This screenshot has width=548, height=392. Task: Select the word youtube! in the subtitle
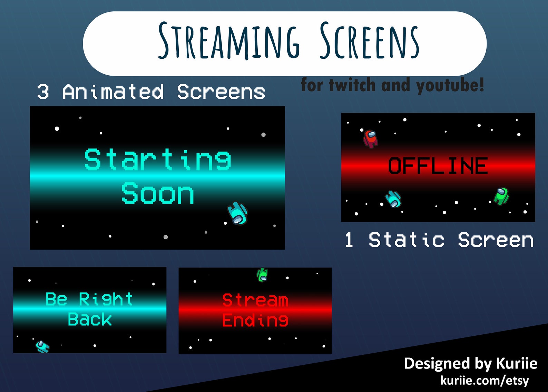(x=450, y=85)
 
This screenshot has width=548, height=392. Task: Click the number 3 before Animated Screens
(x=43, y=92)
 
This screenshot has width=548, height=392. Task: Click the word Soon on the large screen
(x=157, y=193)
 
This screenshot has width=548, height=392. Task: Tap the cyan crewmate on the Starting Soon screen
(x=237, y=213)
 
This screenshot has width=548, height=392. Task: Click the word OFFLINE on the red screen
(x=438, y=166)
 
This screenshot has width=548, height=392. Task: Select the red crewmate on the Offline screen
(x=370, y=139)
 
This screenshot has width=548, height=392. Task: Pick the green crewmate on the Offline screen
(x=501, y=196)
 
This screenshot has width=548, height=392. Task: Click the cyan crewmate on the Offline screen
(x=393, y=199)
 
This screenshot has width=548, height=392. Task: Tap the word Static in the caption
(x=406, y=240)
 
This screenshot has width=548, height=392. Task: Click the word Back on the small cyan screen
(x=90, y=319)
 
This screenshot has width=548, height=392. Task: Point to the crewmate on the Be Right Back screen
(x=42, y=346)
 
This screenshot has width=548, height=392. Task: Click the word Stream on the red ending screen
(x=255, y=300)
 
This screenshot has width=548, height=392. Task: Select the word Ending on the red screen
(x=255, y=320)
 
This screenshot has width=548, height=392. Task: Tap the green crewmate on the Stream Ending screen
(x=262, y=275)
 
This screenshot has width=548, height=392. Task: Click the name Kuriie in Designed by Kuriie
(x=516, y=363)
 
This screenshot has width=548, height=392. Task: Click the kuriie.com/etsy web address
(x=485, y=380)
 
